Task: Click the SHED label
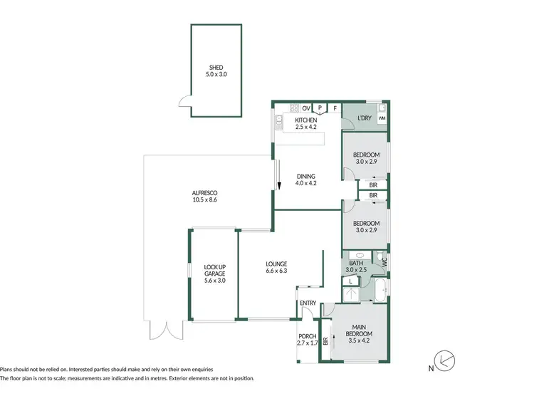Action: pos(216,68)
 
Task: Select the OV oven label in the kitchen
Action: pos(306,108)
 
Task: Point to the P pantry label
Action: pos(320,108)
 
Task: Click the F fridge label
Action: pos(334,108)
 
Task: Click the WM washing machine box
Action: pos(382,118)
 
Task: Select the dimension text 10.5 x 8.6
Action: pos(204,200)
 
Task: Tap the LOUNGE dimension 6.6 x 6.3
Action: pos(276,271)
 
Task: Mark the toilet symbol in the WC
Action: pos(382,260)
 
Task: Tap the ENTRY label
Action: pos(308,303)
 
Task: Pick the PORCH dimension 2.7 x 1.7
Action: pos(308,343)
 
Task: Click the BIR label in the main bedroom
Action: pos(326,342)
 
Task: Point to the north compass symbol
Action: pos(446,361)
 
